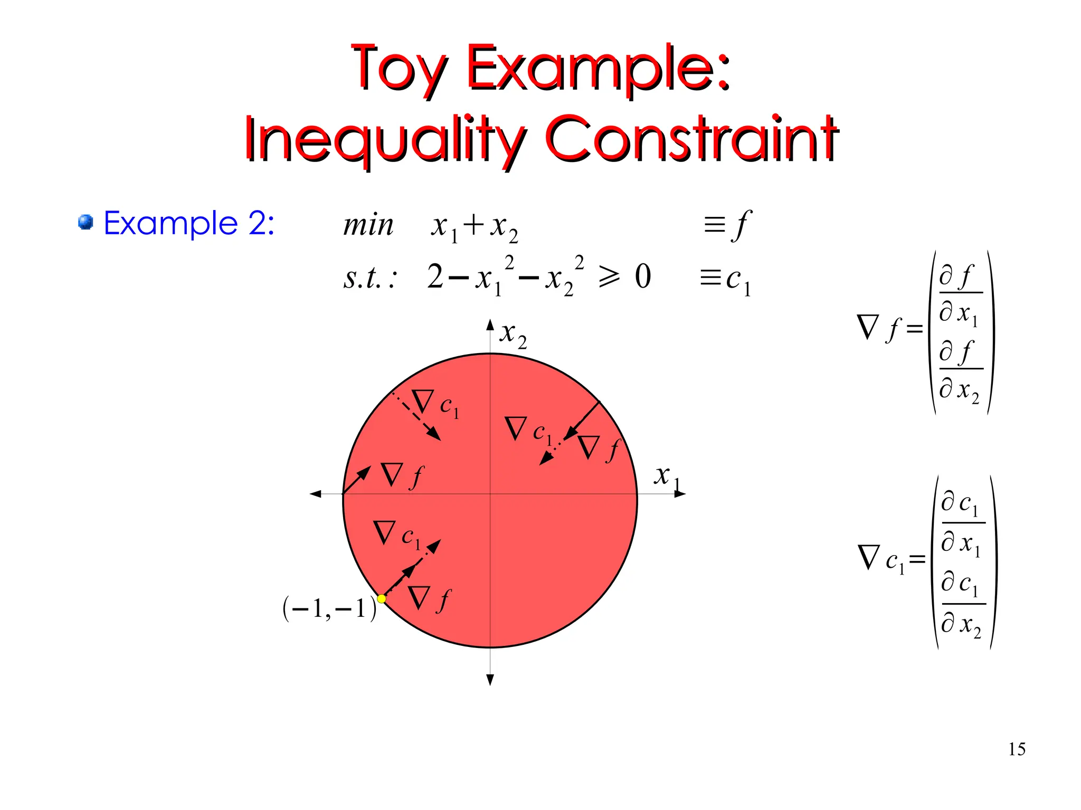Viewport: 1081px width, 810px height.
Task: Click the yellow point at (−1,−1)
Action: click(x=381, y=598)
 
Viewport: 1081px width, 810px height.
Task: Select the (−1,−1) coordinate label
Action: click(x=329, y=608)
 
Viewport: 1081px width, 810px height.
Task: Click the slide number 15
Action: click(x=1017, y=749)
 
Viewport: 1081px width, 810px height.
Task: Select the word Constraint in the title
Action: click(x=691, y=138)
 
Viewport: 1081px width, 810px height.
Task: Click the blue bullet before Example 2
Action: click(x=86, y=222)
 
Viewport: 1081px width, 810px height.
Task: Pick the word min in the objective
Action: click(x=368, y=225)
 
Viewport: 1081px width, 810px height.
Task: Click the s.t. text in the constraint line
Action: click(x=369, y=278)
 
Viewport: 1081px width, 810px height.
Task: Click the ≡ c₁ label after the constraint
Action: click(x=725, y=279)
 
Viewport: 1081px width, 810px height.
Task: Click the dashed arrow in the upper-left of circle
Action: click(x=417, y=417)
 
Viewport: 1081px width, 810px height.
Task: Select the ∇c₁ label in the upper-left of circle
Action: click(x=435, y=404)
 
